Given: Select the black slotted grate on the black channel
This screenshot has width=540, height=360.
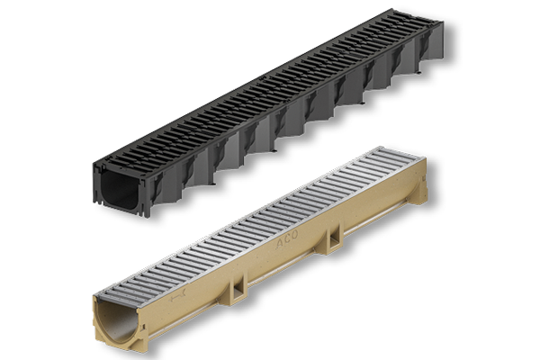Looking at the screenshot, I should [x=270, y=99].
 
